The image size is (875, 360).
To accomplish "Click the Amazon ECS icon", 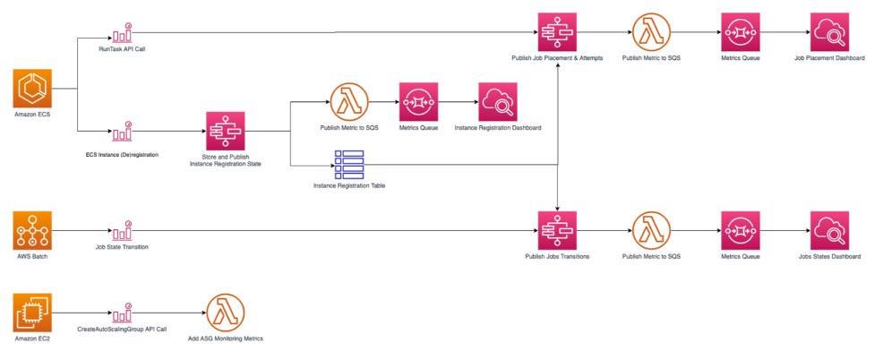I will click(33, 90).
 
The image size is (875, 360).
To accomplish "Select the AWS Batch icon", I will click(33, 230).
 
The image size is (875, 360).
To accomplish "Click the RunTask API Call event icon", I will click(122, 32).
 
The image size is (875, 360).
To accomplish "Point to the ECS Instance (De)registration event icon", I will click(122, 133).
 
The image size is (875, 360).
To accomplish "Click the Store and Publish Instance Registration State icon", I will click(226, 132).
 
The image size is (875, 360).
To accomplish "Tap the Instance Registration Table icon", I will click(349, 164).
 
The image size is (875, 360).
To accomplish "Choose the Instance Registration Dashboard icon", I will click(497, 102).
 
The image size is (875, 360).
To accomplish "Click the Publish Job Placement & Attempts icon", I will click(557, 33).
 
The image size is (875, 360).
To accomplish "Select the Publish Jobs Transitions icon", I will click(557, 231).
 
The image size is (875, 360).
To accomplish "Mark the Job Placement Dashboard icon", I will click(828, 33).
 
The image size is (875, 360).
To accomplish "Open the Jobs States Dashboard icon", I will click(828, 231).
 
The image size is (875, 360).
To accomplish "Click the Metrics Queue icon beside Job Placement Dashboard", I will click(740, 33).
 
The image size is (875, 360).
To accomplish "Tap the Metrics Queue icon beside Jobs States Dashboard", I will click(740, 231).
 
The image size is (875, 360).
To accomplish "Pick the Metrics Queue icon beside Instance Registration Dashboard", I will click(417, 102).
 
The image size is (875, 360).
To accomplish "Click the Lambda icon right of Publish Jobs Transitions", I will click(650, 231).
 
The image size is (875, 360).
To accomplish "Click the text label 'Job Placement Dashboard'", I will click(828, 58).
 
